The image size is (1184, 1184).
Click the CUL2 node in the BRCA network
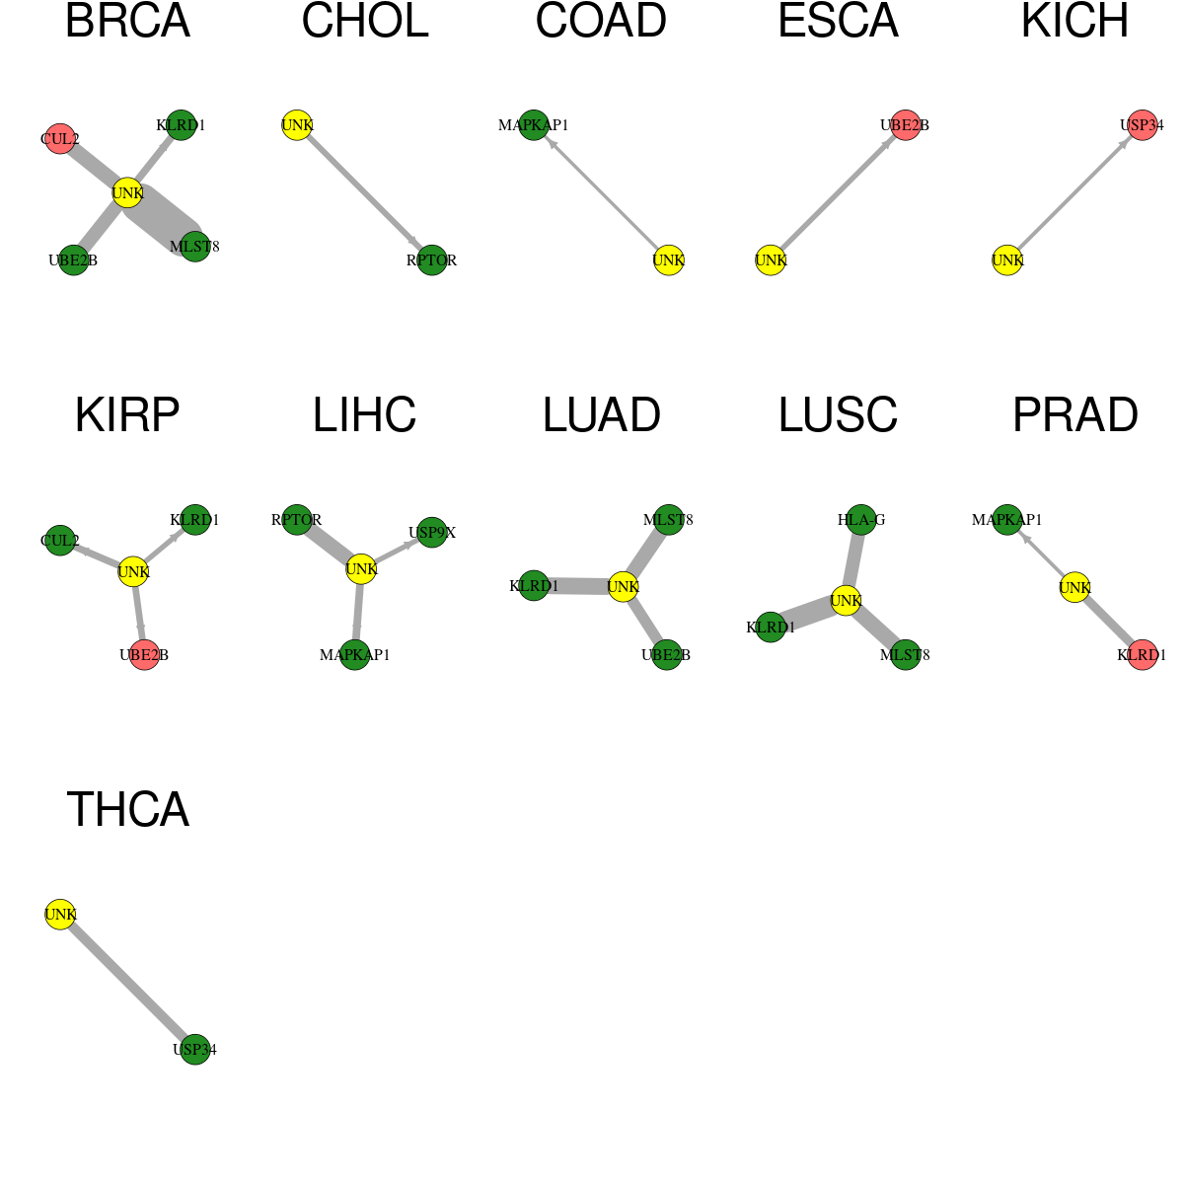(x=60, y=139)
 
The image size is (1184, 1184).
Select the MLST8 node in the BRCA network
(x=194, y=247)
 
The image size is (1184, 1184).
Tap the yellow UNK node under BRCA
(x=128, y=193)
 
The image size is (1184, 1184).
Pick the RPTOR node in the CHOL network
(x=432, y=259)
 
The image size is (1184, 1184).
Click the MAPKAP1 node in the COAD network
(x=534, y=125)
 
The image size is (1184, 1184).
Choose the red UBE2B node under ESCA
(x=905, y=125)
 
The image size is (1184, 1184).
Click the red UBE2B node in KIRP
(x=144, y=655)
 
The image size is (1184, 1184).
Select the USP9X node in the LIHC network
(x=432, y=532)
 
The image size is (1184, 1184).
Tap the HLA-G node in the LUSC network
(x=860, y=520)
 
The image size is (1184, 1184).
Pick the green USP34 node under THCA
(x=194, y=1050)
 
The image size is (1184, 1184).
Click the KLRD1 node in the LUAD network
(x=534, y=585)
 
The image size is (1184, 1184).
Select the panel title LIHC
(x=364, y=415)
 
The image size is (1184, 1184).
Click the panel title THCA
(x=128, y=810)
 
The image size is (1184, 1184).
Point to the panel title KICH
(x=1074, y=21)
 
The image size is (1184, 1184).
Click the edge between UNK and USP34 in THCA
(x=128, y=982)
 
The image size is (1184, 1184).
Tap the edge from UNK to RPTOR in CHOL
(x=364, y=192)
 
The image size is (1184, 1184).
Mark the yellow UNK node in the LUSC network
(x=846, y=600)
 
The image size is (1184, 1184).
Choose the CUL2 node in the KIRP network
(x=60, y=541)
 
